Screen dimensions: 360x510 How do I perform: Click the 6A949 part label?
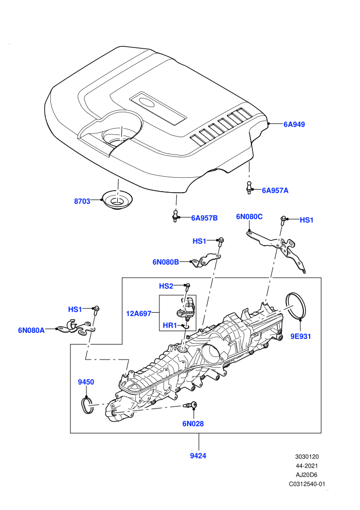point(294,124)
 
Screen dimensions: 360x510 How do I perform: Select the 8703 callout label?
point(82,201)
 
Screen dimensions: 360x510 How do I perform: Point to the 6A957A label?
point(275,190)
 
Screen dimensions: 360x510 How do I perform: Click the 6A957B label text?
point(204,218)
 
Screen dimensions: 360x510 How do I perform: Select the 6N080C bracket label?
point(249,216)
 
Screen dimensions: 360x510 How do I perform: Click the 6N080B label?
point(166,262)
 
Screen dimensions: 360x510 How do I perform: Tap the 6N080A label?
point(31,330)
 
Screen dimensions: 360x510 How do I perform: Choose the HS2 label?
point(166,286)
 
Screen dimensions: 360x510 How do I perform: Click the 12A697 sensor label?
point(139,314)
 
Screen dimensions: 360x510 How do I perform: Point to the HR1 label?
point(170,325)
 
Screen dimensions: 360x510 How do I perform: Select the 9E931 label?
point(300,336)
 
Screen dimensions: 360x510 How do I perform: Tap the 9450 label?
point(86,382)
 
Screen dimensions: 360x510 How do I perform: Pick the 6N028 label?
point(193,423)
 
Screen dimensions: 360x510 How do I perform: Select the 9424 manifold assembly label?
point(198,456)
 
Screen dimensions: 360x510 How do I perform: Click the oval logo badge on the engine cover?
point(148,103)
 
